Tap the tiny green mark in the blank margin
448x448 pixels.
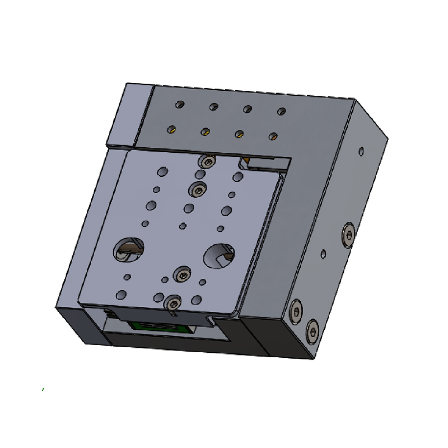click(x=43, y=389)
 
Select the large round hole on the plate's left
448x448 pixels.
click(x=129, y=249)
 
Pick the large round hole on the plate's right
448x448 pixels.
click(x=219, y=255)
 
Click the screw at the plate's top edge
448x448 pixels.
click(x=207, y=162)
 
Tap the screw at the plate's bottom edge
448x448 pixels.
click(x=172, y=303)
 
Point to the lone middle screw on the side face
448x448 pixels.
click(x=348, y=234)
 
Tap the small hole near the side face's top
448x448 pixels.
click(x=361, y=151)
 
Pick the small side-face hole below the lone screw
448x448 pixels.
click(x=323, y=254)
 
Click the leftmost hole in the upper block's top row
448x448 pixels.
click(x=180, y=104)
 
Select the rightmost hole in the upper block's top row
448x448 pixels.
click(x=281, y=111)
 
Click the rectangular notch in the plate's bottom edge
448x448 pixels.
click(x=212, y=319)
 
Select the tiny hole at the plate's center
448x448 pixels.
click(x=182, y=226)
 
